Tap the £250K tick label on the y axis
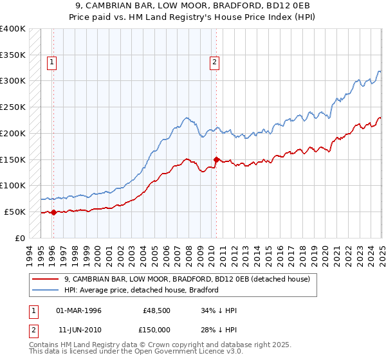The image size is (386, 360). pyautogui.click(x=13, y=107)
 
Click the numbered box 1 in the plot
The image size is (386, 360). pyautogui.click(x=51, y=62)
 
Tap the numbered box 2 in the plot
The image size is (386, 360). pyautogui.click(x=214, y=62)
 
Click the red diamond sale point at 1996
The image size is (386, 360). pyautogui.click(x=53, y=213)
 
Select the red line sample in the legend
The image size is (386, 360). pyautogui.click(x=45, y=280)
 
